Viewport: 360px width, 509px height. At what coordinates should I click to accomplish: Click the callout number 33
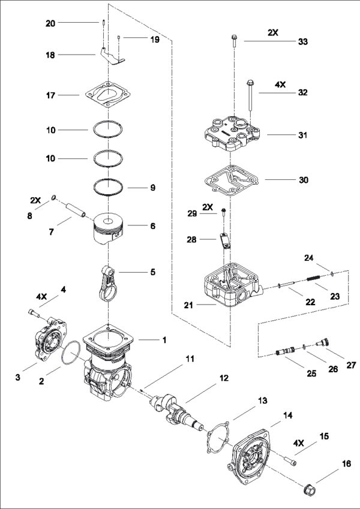(303, 41)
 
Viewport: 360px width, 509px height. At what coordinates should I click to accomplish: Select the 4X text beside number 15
(299, 444)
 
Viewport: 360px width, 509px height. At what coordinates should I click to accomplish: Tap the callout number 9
(152, 188)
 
